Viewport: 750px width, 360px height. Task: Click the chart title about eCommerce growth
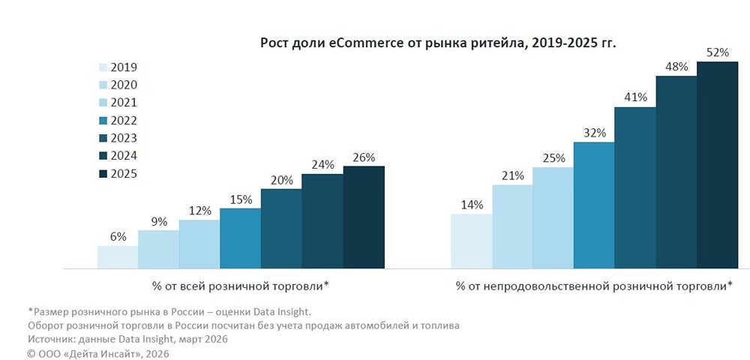(438, 43)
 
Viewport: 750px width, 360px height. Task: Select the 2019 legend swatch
(104, 67)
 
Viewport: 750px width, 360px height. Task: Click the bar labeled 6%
(118, 257)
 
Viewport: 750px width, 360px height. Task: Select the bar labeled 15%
(241, 238)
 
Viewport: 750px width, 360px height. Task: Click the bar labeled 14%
(471, 241)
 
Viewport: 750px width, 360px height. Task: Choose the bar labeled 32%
(594, 205)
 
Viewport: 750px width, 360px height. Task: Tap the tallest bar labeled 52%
(717, 165)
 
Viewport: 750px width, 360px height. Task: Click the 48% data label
(676, 67)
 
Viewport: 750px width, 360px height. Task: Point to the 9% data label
(158, 221)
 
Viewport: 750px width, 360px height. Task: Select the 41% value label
(635, 97)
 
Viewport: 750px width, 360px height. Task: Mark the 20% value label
(281, 180)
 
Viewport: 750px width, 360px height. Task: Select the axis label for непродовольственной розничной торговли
(593, 286)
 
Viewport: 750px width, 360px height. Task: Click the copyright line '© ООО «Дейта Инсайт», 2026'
(98, 353)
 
